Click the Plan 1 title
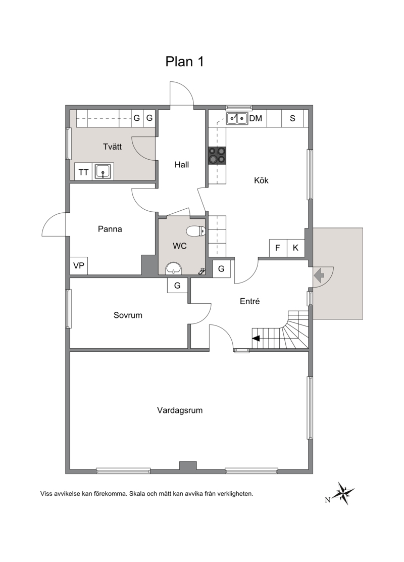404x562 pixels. [184, 62]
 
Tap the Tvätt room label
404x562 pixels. [113, 147]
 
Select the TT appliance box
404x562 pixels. [83, 172]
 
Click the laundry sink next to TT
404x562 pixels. [103, 171]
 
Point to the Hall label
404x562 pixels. [182, 165]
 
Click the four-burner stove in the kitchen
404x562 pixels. [217, 156]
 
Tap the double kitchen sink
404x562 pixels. [237, 118]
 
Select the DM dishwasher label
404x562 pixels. [256, 118]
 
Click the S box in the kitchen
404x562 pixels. [292, 118]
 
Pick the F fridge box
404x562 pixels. [278, 248]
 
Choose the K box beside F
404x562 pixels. [296, 248]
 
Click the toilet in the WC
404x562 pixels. [196, 231]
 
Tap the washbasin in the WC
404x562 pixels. [174, 268]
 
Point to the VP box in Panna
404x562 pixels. [79, 266]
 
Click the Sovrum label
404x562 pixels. [128, 315]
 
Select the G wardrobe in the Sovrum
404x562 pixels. [177, 286]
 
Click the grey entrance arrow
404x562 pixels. [319, 275]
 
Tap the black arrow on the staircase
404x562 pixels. [256, 338]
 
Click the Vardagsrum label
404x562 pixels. [180, 410]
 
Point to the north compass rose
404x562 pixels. [343, 493]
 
